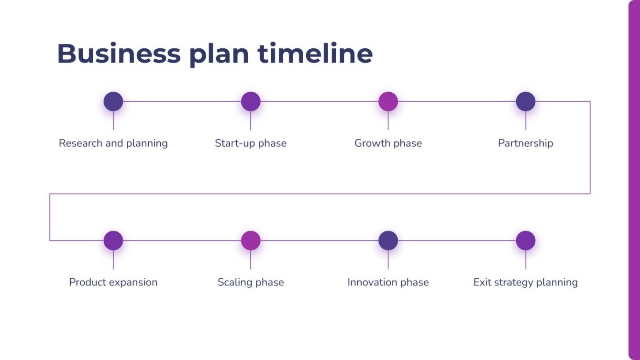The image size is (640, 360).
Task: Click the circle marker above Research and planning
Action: pos(113,101)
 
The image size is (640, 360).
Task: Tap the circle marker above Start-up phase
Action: pos(251,101)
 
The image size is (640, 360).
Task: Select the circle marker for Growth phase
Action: pos(388,101)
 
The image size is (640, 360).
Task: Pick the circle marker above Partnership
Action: pos(525,101)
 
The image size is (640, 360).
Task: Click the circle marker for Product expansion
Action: pos(113,240)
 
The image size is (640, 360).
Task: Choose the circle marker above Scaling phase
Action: pos(251,240)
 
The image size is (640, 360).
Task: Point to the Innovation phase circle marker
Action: pos(388,240)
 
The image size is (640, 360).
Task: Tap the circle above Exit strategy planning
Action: pos(525,240)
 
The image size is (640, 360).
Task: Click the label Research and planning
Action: pos(113,143)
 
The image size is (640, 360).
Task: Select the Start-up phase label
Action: pos(251,143)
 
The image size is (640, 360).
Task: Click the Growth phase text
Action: pos(388,143)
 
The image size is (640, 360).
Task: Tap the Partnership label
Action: pos(525,143)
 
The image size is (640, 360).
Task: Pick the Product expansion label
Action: pos(113,282)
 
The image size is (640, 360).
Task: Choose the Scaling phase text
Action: pos(251,282)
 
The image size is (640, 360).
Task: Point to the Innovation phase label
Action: pos(388,282)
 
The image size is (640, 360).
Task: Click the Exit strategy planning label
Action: pos(525,282)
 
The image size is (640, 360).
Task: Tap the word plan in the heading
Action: pos(219,54)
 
